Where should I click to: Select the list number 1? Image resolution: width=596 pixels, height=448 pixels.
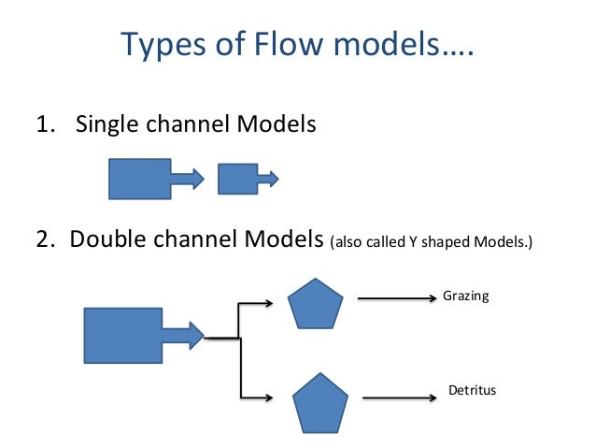[41, 123]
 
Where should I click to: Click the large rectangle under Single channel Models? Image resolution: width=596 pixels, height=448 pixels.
[139, 179]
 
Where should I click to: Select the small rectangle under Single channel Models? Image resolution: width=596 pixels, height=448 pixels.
[237, 178]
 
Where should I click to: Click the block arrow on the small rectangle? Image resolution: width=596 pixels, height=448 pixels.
[268, 177]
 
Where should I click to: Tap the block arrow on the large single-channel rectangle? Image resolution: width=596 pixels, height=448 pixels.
[188, 178]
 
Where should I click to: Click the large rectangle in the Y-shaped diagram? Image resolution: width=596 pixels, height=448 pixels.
[123, 334]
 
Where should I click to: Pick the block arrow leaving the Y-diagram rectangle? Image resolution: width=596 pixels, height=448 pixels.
[183, 333]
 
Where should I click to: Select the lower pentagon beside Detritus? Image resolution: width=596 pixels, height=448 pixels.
[320, 402]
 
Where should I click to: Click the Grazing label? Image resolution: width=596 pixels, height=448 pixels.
[465, 296]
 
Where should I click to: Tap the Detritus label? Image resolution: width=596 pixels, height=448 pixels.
[469, 390]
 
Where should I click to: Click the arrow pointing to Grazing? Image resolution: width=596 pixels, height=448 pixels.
[397, 299]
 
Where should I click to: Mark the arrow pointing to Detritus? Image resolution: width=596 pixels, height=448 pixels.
[401, 397]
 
